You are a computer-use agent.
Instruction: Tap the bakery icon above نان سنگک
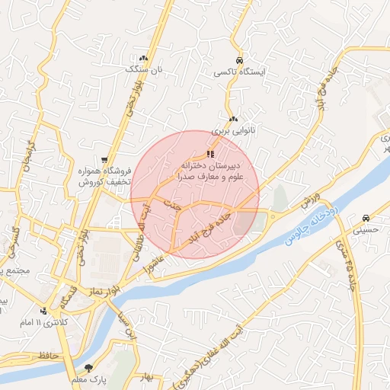pos(143,58)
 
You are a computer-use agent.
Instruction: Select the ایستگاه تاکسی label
pos(239,72)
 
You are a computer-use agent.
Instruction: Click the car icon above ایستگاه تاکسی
pos(239,60)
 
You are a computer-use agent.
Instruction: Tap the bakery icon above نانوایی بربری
pos(233,119)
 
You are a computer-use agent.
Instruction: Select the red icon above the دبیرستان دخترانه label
pos(210,154)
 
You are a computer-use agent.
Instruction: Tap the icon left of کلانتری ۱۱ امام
pos(45,311)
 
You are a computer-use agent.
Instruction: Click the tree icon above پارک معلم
pos(89,368)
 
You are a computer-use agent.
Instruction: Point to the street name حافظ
pos(46,355)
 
